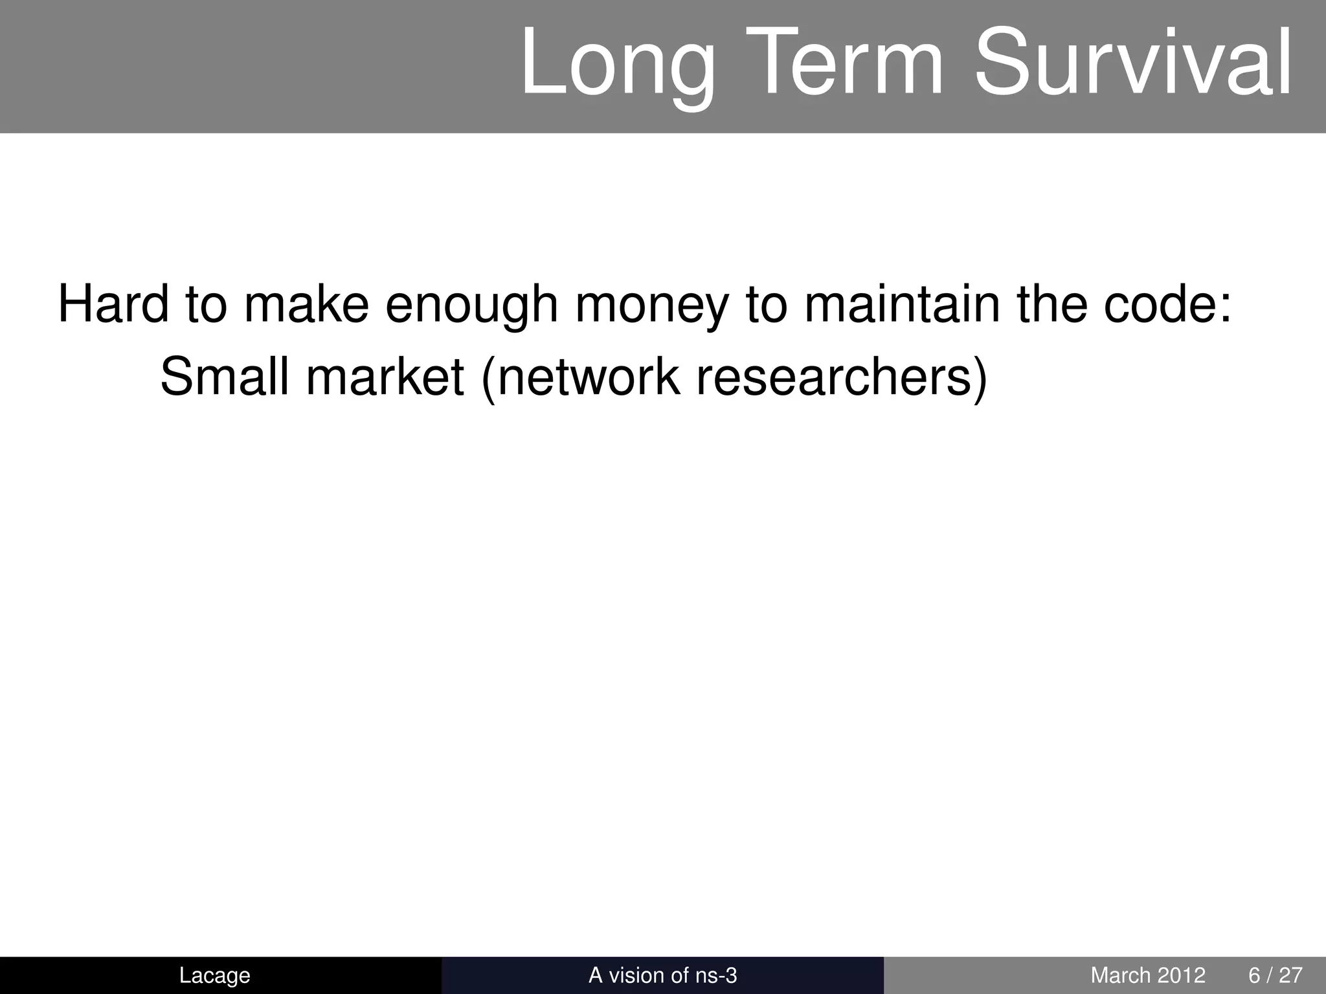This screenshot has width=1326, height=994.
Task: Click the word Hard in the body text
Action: pyautogui.click(x=113, y=304)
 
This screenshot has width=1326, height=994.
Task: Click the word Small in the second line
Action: pyautogui.click(x=224, y=377)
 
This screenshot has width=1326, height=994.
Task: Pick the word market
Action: pyautogui.click(x=385, y=377)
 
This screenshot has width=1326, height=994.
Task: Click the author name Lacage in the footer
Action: pyautogui.click(x=214, y=975)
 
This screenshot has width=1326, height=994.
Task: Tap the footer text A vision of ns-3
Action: pyautogui.click(x=662, y=975)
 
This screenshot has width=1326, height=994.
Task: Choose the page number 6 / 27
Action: pyautogui.click(x=1275, y=975)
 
